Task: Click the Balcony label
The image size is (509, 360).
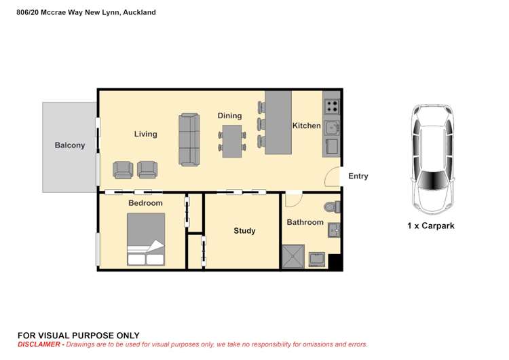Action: point(70,145)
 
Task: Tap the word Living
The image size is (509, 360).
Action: point(145,134)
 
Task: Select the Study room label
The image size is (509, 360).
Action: point(244,231)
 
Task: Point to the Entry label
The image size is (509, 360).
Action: point(358,176)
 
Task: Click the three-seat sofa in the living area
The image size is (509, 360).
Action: point(189,140)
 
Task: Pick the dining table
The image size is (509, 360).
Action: point(232,141)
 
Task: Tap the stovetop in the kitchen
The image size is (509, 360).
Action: point(332,106)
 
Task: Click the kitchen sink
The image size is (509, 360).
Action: point(332,128)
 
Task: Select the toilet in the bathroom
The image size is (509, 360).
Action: point(332,207)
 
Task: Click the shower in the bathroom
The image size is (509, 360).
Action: point(293,256)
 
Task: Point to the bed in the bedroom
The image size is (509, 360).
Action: point(146,239)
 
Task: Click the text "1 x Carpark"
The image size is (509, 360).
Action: point(431,226)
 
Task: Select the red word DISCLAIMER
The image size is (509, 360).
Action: point(39,344)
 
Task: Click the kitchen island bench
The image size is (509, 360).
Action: point(278,122)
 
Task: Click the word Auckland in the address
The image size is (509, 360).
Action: point(139,12)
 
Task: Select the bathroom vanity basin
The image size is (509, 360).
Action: point(334,230)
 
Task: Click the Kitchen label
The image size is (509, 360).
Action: point(307,126)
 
